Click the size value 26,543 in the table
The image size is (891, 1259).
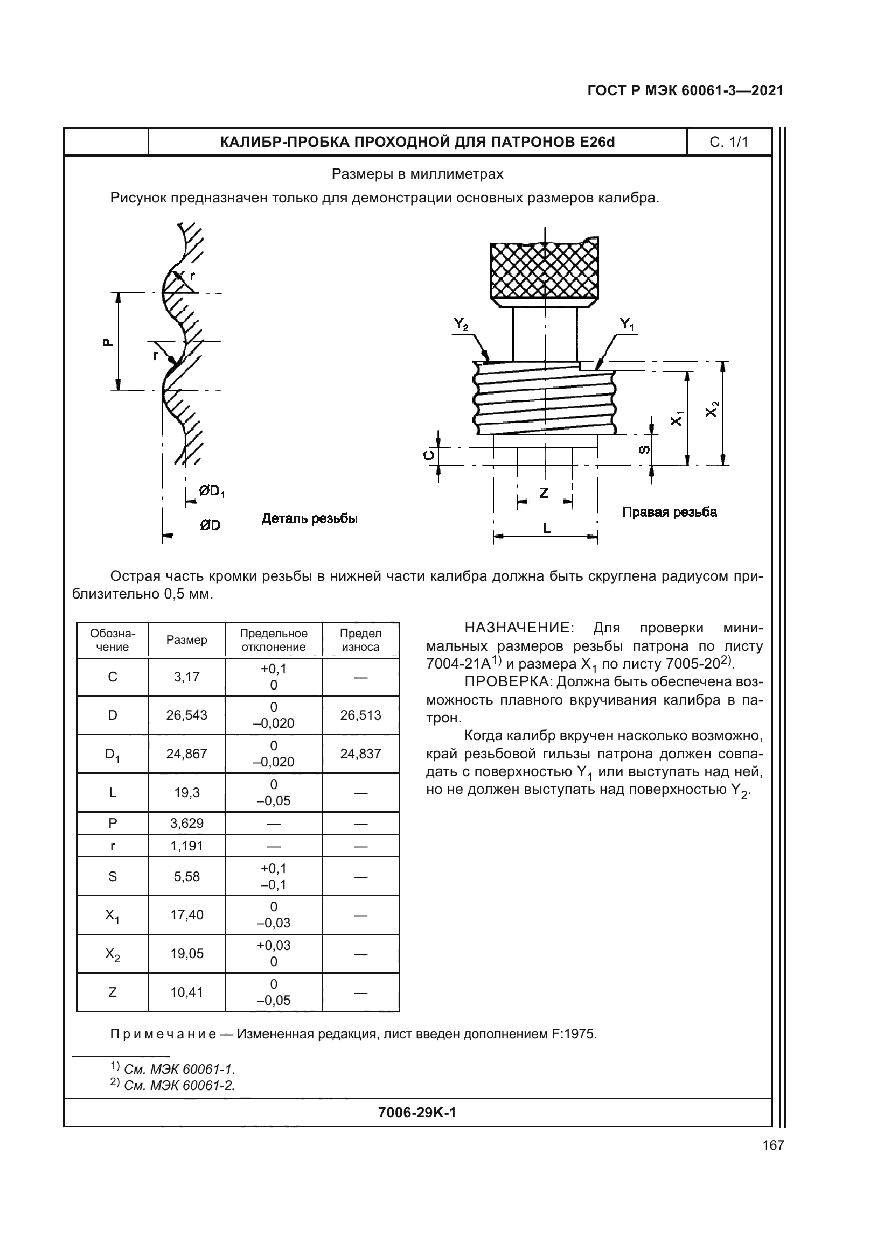(x=186, y=715)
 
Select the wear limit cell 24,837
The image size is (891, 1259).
(x=360, y=754)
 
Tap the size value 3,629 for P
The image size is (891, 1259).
(x=186, y=823)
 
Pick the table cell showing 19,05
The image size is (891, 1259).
(x=186, y=954)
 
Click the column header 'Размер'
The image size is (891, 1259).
(x=186, y=640)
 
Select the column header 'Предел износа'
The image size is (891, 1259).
(x=360, y=640)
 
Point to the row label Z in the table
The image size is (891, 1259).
(x=113, y=992)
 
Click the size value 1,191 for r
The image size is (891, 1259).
(x=186, y=846)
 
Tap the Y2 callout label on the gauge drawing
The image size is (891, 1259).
(x=461, y=325)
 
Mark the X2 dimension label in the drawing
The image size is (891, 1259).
(x=711, y=409)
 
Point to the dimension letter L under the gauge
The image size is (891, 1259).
(x=546, y=528)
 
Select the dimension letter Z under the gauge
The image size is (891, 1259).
(x=544, y=493)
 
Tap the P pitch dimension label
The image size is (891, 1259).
(x=108, y=342)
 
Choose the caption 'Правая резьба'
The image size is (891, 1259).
(x=670, y=512)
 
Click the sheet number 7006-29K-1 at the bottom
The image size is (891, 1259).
(x=417, y=1113)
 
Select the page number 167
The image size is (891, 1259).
(x=773, y=1145)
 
